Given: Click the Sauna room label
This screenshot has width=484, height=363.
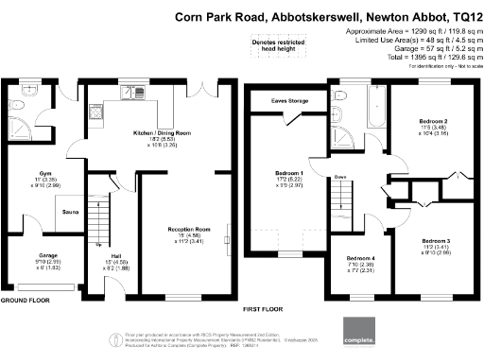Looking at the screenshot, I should pos(70,213).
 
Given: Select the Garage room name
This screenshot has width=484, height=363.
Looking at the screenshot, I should pos(21,255).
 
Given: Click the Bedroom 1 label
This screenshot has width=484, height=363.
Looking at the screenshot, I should pos(289,174).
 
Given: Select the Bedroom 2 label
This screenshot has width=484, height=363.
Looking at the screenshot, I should pos(433,122).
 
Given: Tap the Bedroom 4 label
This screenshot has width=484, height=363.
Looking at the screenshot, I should pos(360,258).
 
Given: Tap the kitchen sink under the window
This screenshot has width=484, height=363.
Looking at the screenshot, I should pos(95,113).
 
